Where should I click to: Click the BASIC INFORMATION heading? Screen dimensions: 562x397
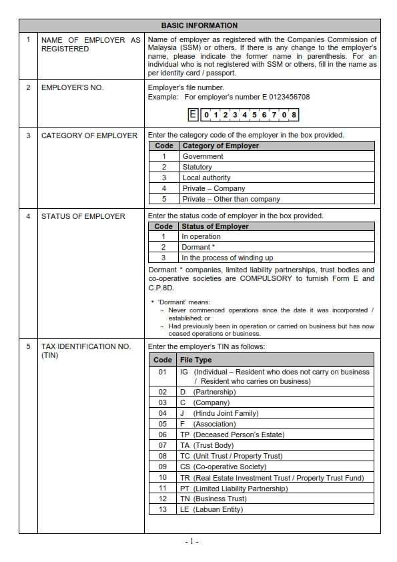pos(199,25)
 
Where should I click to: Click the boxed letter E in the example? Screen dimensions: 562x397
pos(193,114)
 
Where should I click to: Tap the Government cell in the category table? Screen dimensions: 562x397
pos(203,156)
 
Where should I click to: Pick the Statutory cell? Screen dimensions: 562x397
pos(197,167)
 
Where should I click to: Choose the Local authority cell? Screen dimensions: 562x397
pos(206,178)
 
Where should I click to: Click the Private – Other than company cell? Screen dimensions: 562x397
pos(231,199)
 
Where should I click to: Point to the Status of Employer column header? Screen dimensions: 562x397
pos(215,226)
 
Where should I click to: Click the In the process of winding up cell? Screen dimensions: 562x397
pos(227,258)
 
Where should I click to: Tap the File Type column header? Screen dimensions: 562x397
pos(195,360)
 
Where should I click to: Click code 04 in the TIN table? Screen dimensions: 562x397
pos(162,413)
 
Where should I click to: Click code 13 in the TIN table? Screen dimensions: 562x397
pos(162,509)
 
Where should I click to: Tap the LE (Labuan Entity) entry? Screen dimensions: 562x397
pos(212,509)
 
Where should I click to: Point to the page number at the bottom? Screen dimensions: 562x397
pos(192,541)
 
